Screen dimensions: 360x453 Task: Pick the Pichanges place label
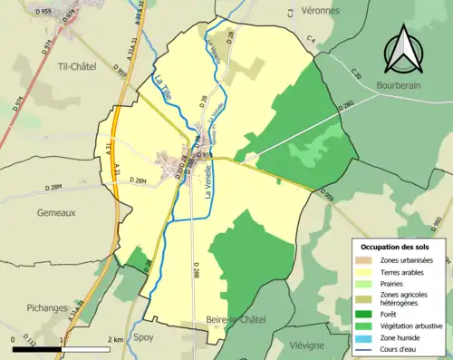[30, 306]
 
